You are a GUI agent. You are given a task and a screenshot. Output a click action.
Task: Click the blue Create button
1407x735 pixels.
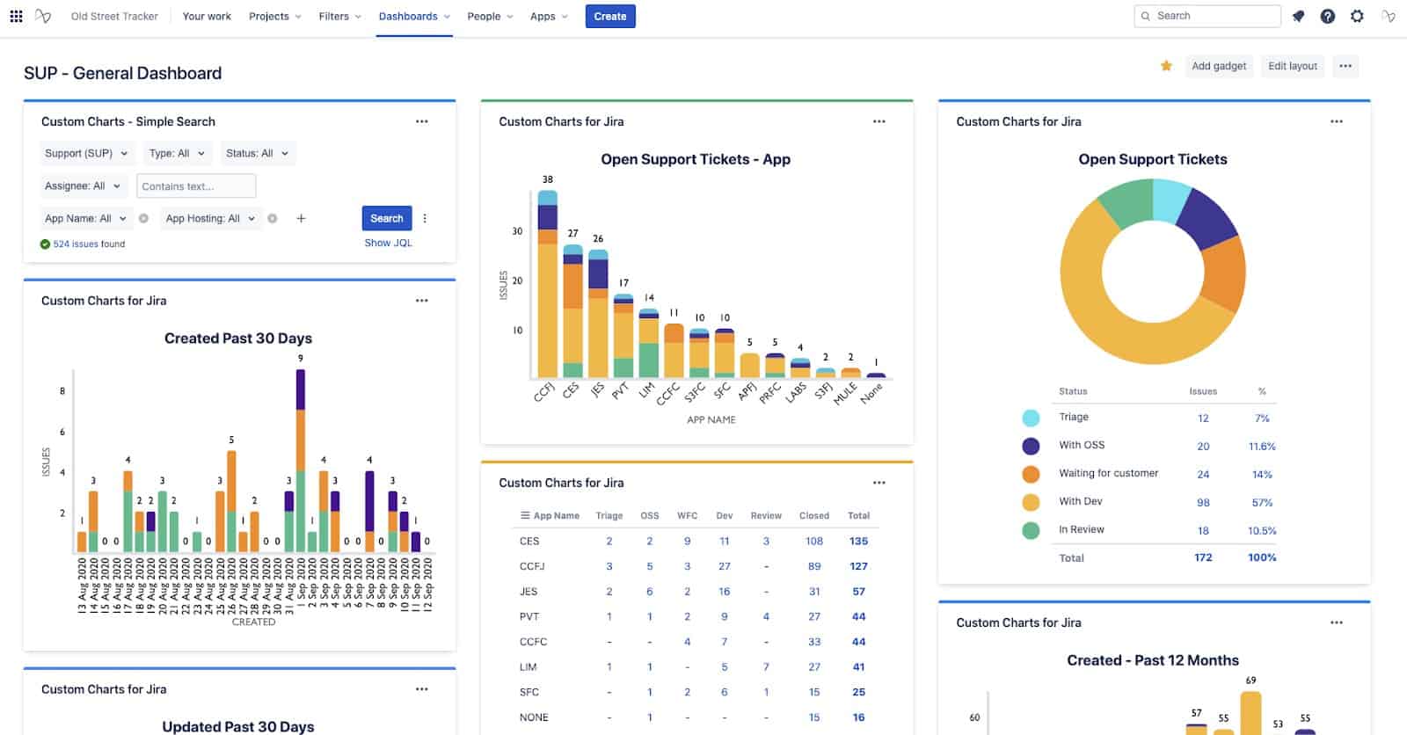(609, 16)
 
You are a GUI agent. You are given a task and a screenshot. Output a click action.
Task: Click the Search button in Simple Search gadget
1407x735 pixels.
(386, 218)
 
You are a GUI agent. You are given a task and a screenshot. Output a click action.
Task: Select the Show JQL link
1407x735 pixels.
(388, 243)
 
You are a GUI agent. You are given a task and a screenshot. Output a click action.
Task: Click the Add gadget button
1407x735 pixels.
(1218, 66)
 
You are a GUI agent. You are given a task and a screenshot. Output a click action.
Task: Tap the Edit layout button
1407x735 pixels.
(1292, 66)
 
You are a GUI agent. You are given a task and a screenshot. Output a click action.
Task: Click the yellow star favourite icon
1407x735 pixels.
(1166, 66)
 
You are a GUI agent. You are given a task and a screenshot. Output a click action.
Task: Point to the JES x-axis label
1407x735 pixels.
(597, 389)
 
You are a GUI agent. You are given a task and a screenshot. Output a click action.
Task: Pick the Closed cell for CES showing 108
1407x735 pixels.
(814, 541)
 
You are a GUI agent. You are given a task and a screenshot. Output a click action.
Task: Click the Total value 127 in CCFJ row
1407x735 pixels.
(858, 566)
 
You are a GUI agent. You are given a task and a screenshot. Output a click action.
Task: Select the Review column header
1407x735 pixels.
(765, 515)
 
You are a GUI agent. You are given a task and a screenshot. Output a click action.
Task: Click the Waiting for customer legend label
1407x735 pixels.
(1108, 473)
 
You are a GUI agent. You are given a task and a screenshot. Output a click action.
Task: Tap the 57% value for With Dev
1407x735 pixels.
(1261, 502)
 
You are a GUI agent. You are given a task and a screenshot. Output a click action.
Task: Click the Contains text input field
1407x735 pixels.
(196, 186)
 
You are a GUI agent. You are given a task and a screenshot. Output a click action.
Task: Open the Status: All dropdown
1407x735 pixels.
(257, 153)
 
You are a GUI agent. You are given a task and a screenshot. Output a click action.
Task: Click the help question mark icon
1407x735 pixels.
(1328, 16)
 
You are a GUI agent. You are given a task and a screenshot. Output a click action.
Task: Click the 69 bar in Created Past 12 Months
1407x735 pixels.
(1250, 713)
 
